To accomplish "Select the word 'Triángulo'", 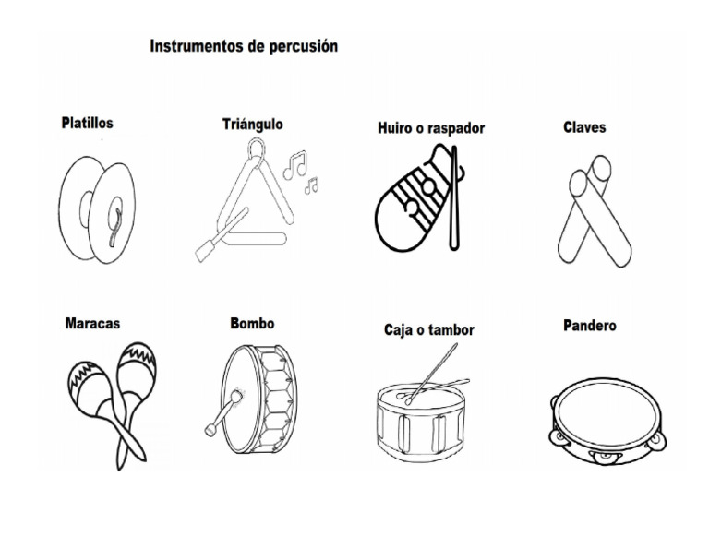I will pyautogui.click(x=252, y=124).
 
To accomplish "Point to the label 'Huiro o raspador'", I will pyautogui.click(x=430, y=128).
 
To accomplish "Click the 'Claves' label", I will pyautogui.click(x=583, y=126).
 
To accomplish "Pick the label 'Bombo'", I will pyautogui.click(x=252, y=324).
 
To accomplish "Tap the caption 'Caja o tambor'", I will pyautogui.click(x=428, y=329).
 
